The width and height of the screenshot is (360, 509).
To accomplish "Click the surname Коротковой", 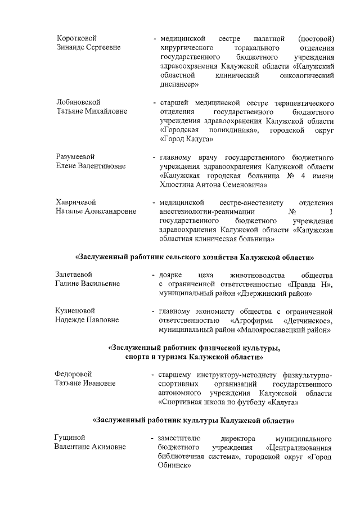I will [x=76, y=38].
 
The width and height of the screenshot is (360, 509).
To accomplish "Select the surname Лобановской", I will [x=78, y=102].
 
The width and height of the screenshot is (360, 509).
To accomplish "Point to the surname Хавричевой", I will [x=75, y=202].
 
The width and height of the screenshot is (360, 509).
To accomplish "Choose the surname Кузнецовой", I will [x=75, y=310].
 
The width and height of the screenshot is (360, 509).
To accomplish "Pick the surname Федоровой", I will [x=73, y=374].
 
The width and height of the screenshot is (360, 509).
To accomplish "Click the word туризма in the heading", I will [x=175, y=357].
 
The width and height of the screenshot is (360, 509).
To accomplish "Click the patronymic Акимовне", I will [x=107, y=447].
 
